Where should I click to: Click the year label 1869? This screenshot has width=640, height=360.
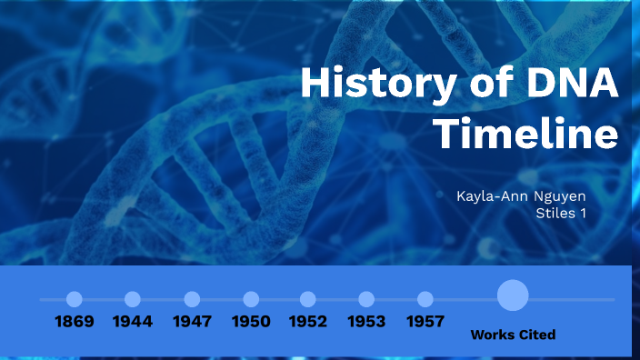pos(75,321)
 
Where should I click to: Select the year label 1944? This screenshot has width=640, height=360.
pos(133,321)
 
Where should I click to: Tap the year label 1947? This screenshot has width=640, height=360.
pos(192,321)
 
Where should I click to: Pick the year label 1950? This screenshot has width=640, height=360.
pos(251,321)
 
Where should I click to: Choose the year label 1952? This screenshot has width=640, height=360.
pos(308,321)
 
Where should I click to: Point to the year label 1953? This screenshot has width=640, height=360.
pos(366,321)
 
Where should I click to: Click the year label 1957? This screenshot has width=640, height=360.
pos(425,321)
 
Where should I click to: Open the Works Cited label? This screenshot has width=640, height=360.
pos(513,335)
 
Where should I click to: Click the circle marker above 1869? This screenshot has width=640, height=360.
pos(75,299)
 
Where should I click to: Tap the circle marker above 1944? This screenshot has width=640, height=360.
pos(133,299)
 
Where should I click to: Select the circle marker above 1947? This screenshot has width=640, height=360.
pos(192,299)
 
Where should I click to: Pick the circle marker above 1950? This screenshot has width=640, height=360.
pos(251,299)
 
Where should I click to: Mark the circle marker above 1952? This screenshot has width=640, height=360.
pos(308,299)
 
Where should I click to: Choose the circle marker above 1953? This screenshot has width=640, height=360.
pos(366,299)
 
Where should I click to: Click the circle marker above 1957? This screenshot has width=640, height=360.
pos(425,299)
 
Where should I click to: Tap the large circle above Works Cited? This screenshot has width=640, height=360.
pos(513,295)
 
